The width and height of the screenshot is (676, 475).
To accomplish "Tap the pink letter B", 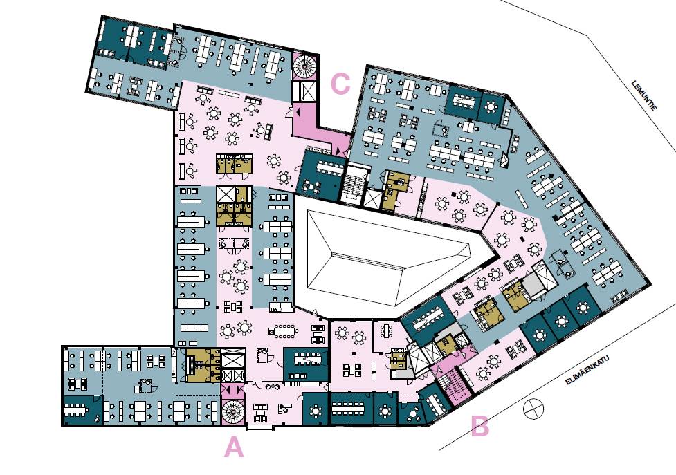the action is [x=479, y=426].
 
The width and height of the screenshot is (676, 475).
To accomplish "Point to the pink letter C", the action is [x=340, y=84].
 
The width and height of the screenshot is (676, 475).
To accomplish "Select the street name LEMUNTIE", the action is [x=645, y=95].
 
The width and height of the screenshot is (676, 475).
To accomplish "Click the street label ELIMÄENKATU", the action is [x=587, y=369].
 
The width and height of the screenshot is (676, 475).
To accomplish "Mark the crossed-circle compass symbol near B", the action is [x=533, y=408].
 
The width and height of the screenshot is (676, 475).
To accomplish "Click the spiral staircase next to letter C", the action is [x=306, y=66].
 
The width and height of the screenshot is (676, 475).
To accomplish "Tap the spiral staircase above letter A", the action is [x=232, y=412].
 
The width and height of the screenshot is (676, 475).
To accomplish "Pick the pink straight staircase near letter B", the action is [x=455, y=385].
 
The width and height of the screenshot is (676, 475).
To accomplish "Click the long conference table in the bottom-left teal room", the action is [x=77, y=409].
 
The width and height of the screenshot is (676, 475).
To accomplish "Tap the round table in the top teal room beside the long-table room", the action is [x=491, y=106].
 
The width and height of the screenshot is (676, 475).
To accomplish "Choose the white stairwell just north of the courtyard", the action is [x=354, y=185].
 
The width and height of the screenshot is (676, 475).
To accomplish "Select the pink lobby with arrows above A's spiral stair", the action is [x=232, y=391].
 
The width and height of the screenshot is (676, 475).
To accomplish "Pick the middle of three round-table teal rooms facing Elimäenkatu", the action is [x=561, y=322].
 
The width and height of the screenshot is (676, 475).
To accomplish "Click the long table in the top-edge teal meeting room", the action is [x=464, y=100].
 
